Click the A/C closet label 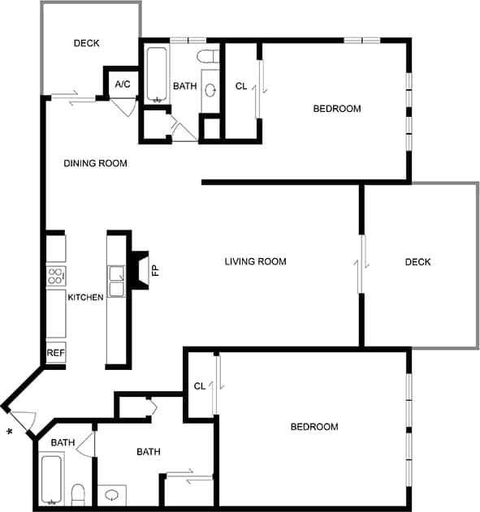(x=123, y=84)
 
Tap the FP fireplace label (x=154, y=269)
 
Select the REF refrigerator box (x=55, y=353)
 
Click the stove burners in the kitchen (x=55, y=275)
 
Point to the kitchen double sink (x=117, y=280)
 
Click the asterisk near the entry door (x=9, y=431)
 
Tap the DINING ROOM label (x=96, y=163)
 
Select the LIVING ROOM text (x=256, y=261)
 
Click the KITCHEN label (x=85, y=297)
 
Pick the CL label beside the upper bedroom (x=241, y=87)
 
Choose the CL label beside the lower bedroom (x=200, y=386)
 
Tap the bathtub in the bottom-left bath (x=51, y=479)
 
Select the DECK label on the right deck (x=417, y=261)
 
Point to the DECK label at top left (x=86, y=43)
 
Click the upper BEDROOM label (x=337, y=109)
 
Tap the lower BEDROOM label (x=314, y=427)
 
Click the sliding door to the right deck (x=361, y=261)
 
